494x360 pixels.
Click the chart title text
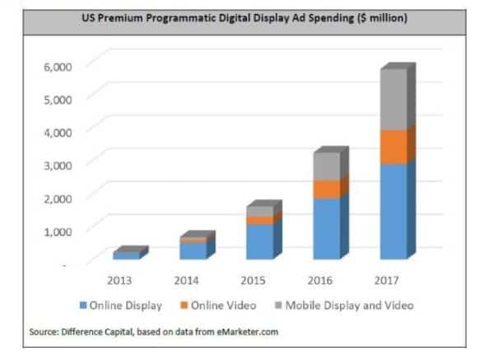pyautogui.click(x=246, y=18)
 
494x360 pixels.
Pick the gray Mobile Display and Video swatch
pyautogui.click(x=277, y=305)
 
